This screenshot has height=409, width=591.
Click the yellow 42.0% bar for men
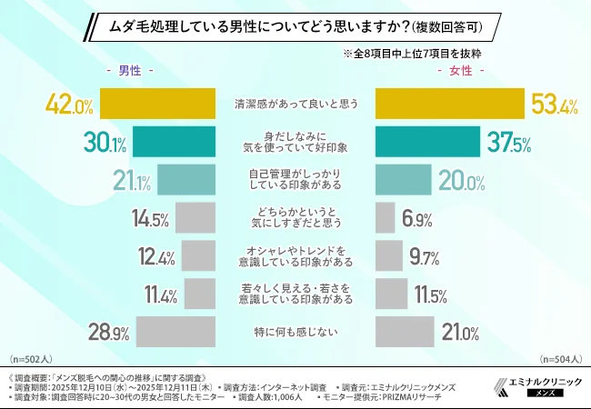pyautogui.click(x=156, y=105)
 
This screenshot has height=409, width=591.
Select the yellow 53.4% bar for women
pyautogui.click(x=449, y=105)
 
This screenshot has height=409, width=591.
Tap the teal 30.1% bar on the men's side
pyautogui.click(x=174, y=142)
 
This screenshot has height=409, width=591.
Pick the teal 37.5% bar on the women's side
pyautogui.click(x=427, y=142)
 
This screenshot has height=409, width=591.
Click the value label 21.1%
pyautogui.click(x=133, y=180)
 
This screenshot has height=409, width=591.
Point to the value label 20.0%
pyautogui.click(x=457, y=180)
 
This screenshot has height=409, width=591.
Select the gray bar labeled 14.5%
pyautogui.click(x=195, y=218)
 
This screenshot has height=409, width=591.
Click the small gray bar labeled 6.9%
pyautogui.click(x=385, y=218)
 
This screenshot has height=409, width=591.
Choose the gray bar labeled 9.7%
pyautogui.click(x=388, y=257)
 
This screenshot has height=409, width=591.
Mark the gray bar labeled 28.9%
pyautogui.click(x=175, y=332)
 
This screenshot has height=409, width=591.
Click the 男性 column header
pyautogui.click(x=129, y=70)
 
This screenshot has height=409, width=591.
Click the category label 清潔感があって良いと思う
pyautogui.click(x=295, y=105)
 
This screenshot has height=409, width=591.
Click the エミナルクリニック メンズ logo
pyautogui.click(x=536, y=385)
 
